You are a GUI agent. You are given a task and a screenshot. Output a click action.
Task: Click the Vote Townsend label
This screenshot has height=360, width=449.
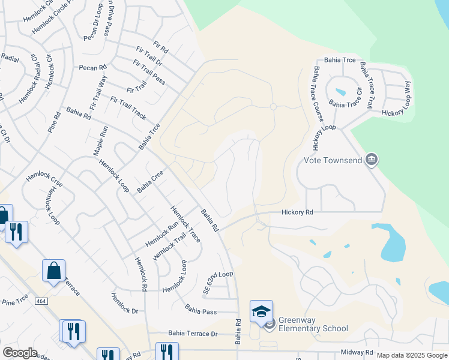332,160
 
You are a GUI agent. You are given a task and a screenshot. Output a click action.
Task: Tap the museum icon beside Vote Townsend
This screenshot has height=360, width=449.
372,160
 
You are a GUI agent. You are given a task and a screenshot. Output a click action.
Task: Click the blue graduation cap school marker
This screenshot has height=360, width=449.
261,311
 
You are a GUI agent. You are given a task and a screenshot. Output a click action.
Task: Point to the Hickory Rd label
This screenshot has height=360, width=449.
298,212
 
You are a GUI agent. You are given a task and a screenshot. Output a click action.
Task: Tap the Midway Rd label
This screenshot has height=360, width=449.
357,352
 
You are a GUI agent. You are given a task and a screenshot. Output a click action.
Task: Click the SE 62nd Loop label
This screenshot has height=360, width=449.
217,274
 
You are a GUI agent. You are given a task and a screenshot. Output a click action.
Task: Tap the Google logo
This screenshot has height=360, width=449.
20,352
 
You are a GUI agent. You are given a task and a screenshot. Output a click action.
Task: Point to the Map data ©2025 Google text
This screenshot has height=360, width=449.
411,355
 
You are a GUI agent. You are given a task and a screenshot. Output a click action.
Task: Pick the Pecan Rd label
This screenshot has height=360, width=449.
92,67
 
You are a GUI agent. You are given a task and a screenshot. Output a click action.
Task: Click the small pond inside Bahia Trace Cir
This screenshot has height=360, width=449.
340,92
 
